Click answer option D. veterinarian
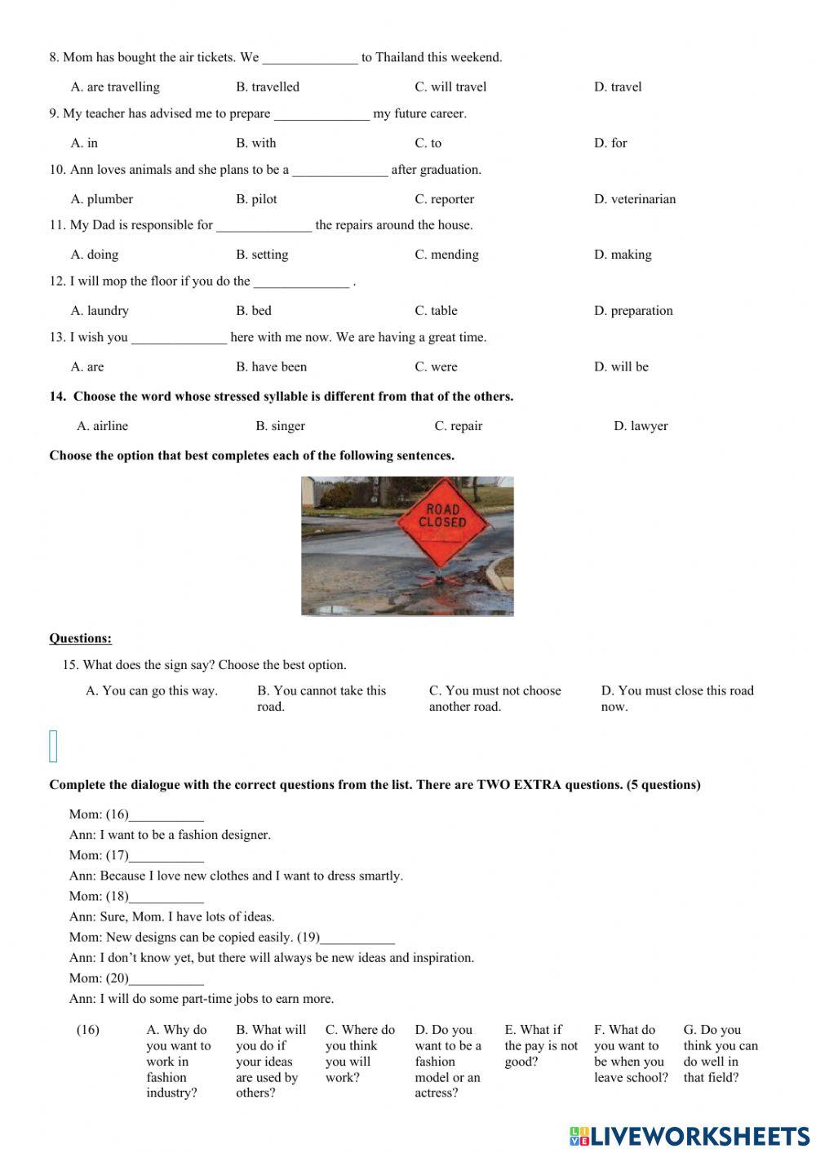[634, 199]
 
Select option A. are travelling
[115, 87]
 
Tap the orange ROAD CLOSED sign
[442, 522]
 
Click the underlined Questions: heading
[80, 638]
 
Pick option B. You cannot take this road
[321, 698]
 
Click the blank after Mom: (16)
[166, 814]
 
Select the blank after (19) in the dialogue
[357, 938]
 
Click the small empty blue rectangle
[54, 746]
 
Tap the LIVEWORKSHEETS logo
[689, 1136]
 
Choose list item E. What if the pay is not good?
[540, 1045]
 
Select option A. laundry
[100, 311]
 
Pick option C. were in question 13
[436, 367]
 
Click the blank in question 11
[264, 226]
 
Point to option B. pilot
[256, 199]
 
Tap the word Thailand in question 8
[400, 58]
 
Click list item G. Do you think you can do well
[720, 1053]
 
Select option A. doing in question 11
[95, 255]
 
